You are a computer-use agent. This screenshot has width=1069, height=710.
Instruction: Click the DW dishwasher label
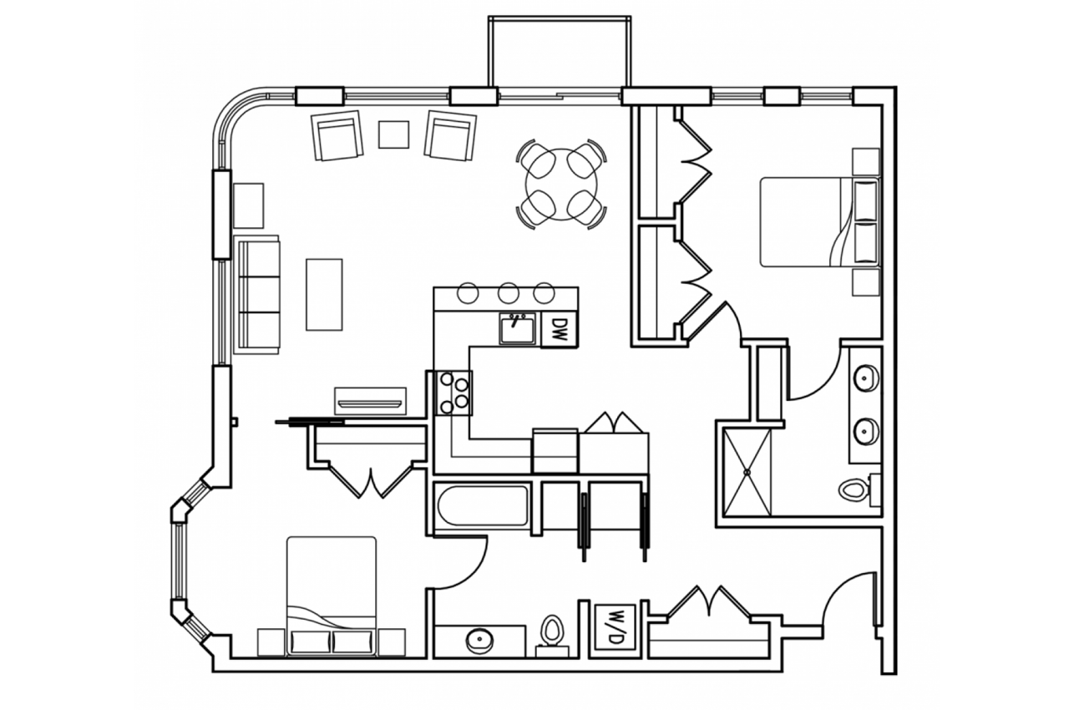(x=560, y=328)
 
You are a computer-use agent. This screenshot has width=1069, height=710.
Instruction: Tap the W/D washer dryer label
(x=616, y=627)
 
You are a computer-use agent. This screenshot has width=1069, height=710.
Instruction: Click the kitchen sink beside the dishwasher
(x=519, y=328)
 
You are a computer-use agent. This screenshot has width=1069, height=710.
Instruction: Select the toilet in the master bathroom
(x=854, y=488)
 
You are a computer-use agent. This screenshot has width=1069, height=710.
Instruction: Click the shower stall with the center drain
(x=747, y=471)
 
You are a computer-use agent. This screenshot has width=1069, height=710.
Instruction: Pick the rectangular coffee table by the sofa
(x=324, y=294)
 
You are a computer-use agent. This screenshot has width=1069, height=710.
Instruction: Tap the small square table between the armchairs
(x=393, y=134)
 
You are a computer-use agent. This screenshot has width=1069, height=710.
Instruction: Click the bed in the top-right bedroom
(x=818, y=221)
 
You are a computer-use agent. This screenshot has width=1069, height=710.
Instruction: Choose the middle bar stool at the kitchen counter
(x=507, y=293)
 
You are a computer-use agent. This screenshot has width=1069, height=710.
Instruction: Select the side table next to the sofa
(x=248, y=205)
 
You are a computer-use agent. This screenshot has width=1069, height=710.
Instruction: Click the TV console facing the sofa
(x=370, y=400)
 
